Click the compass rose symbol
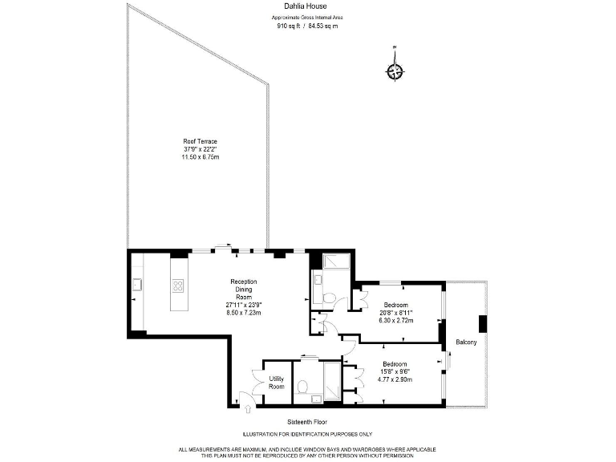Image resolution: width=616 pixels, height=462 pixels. [395, 71]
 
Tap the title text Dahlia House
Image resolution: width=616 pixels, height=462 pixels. [308, 6]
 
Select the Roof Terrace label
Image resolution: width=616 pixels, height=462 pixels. [200, 141]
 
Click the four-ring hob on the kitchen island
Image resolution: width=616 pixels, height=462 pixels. [178, 285]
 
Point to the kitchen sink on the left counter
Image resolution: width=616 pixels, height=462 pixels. [137, 283]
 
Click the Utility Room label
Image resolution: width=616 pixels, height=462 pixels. [276, 383]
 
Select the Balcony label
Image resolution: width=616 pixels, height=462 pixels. [466, 342]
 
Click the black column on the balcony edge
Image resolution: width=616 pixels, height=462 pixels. [482, 323]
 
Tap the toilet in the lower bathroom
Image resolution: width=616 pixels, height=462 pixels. [303, 388]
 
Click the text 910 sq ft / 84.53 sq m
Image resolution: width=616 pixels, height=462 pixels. [308, 25]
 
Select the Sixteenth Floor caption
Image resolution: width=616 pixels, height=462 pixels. [307, 421]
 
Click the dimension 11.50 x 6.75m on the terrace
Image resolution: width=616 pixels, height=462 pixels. [200, 156]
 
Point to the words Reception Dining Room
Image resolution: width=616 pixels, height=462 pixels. [243, 289]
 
